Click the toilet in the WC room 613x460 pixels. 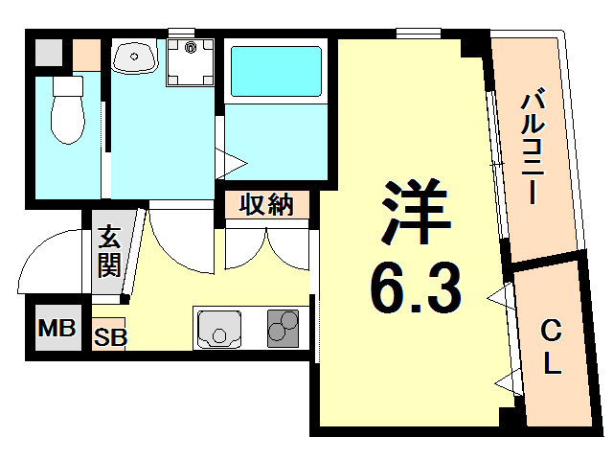(x=67, y=110)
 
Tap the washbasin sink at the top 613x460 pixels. (x=134, y=57)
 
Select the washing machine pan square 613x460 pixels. (x=191, y=60)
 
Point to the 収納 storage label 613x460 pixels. (x=266, y=204)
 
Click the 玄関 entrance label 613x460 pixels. (x=107, y=251)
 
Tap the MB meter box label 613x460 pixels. (x=57, y=330)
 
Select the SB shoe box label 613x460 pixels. (x=109, y=336)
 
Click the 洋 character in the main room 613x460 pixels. (x=416, y=213)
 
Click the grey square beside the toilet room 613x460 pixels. (x=47, y=52)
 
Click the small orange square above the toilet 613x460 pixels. (x=85, y=52)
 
